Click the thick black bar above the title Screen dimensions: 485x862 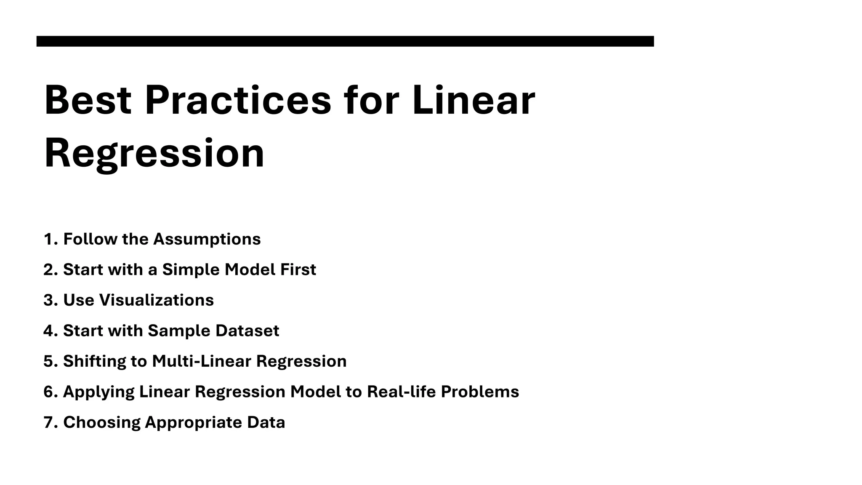(x=345, y=41)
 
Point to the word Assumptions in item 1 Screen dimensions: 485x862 (x=207, y=239)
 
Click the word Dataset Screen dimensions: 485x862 (x=247, y=331)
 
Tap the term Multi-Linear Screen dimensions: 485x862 (x=202, y=361)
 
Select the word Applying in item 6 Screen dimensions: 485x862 (x=98, y=392)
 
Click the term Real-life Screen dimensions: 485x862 (x=401, y=392)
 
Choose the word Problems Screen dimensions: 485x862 (x=480, y=392)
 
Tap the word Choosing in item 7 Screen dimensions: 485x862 (x=101, y=422)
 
